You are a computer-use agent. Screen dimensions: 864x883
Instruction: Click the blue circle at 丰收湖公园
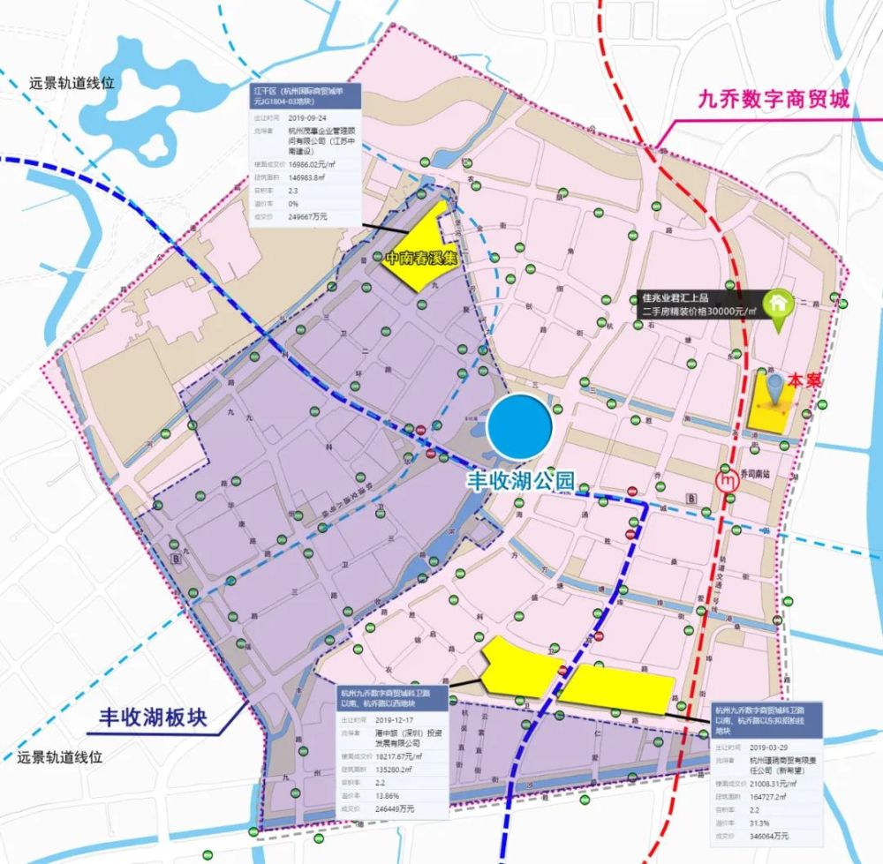pyautogui.click(x=521, y=428)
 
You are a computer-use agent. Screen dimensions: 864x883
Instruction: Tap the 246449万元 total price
pyautogui.click(x=396, y=808)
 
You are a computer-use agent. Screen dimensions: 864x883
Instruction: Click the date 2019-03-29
pyautogui.click(x=767, y=746)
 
